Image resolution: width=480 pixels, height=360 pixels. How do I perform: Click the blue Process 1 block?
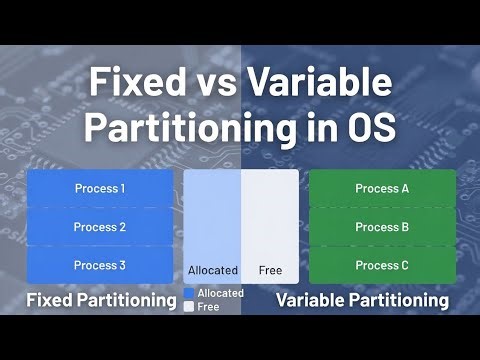[100, 188]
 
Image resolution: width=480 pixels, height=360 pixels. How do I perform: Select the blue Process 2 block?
[100, 227]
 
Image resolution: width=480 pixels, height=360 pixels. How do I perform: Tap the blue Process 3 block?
[100, 265]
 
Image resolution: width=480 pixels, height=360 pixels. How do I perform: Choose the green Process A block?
[382, 188]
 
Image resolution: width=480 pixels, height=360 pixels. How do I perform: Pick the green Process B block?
[382, 227]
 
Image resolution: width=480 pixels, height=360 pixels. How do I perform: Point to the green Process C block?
[382, 265]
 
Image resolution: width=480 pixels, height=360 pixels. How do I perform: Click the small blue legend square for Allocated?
[188, 294]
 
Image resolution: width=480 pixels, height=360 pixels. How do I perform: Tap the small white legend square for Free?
[188, 307]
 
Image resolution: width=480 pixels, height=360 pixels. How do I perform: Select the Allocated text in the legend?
[220, 293]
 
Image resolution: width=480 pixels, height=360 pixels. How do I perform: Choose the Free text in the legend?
[208, 307]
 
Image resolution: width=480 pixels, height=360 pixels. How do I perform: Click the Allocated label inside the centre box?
[213, 270]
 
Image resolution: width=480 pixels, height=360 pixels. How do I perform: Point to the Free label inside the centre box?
[270, 270]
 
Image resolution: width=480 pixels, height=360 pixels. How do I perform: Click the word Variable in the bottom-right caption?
[310, 300]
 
